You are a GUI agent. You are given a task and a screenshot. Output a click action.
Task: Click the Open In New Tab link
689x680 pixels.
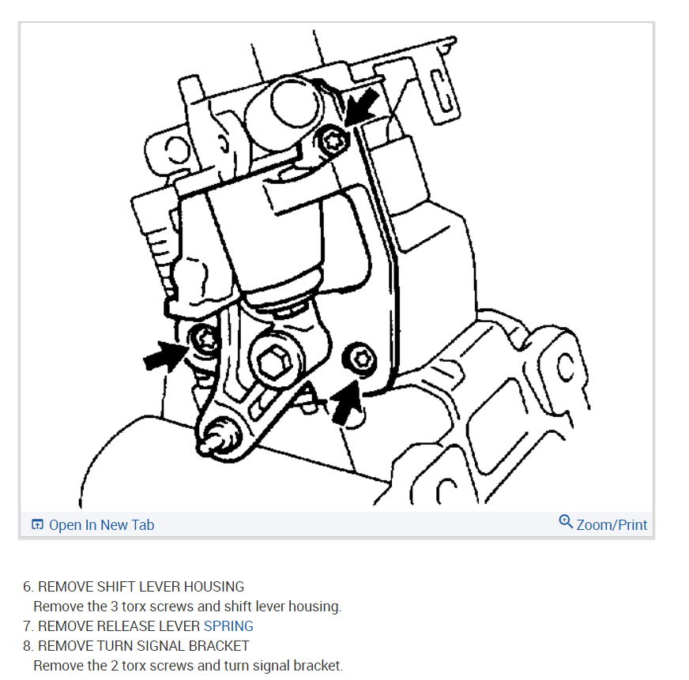point(101,525)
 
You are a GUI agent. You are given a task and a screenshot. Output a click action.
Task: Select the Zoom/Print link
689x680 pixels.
point(612,525)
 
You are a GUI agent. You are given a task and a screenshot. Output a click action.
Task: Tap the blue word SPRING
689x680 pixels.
point(228,626)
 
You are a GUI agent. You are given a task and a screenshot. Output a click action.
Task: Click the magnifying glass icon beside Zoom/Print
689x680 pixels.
point(566,522)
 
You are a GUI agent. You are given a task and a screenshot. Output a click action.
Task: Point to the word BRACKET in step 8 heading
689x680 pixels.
point(220,646)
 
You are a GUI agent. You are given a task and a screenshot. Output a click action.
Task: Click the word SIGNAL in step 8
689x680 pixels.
point(161,646)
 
